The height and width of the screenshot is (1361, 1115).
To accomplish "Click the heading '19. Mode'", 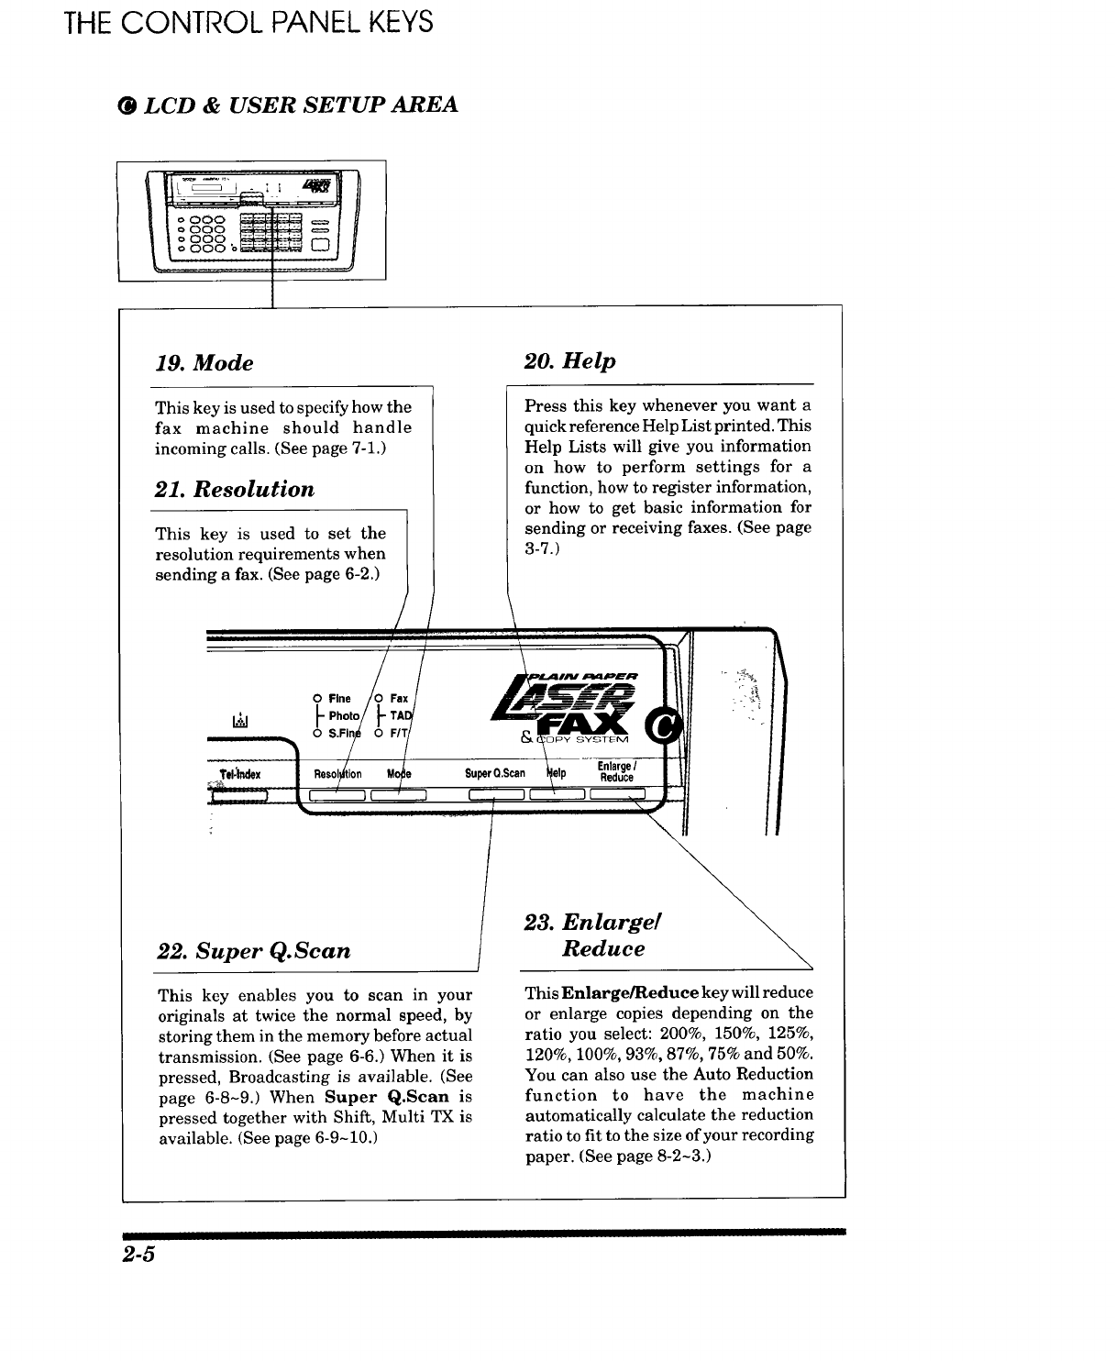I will (204, 362).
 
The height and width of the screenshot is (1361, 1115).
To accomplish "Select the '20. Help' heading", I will (569, 360).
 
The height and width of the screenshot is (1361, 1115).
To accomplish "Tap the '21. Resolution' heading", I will (235, 489).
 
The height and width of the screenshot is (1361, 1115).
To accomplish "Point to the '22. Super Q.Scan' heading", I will (254, 949).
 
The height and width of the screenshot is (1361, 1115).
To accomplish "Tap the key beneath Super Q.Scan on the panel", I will (495, 794).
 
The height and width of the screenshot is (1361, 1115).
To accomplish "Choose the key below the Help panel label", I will (556, 794).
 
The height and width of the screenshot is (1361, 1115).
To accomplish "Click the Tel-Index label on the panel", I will (240, 775).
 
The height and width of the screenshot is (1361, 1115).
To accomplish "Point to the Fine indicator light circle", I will (316, 698).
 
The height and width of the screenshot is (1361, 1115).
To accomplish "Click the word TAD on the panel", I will (400, 715).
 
